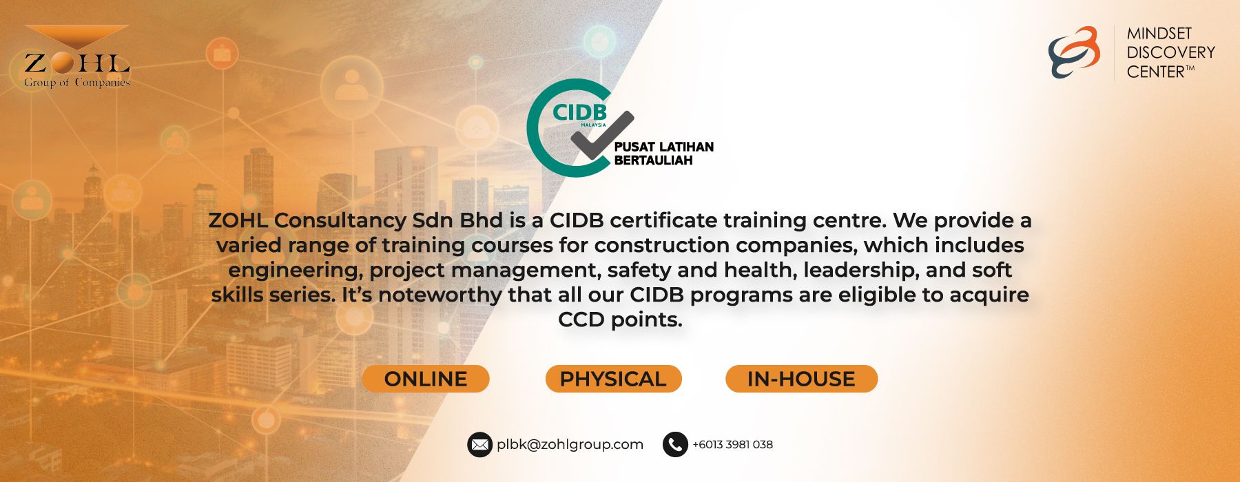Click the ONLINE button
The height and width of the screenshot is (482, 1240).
click(426, 379)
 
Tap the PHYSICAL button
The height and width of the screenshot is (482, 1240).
click(613, 379)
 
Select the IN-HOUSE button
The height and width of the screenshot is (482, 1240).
click(801, 379)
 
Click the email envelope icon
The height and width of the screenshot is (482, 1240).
click(479, 445)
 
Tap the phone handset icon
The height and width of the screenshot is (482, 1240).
click(675, 445)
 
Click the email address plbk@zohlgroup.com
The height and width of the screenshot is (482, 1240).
click(570, 445)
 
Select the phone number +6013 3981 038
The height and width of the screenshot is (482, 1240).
click(732, 445)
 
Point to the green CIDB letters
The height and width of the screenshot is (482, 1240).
click(580, 112)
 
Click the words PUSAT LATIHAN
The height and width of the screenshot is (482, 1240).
click(664, 147)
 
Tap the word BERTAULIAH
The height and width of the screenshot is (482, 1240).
click(654, 160)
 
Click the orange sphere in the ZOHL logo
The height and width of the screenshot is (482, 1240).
click(62, 63)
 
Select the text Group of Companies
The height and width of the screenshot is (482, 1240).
click(77, 83)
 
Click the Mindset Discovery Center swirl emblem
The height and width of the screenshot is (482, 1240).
click(1074, 52)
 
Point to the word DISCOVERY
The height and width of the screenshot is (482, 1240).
click(1170, 52)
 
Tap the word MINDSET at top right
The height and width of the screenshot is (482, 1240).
click(1159, 33)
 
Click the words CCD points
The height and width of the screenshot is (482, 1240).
click(620, 319)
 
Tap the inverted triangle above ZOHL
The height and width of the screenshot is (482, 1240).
click(77, 36)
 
